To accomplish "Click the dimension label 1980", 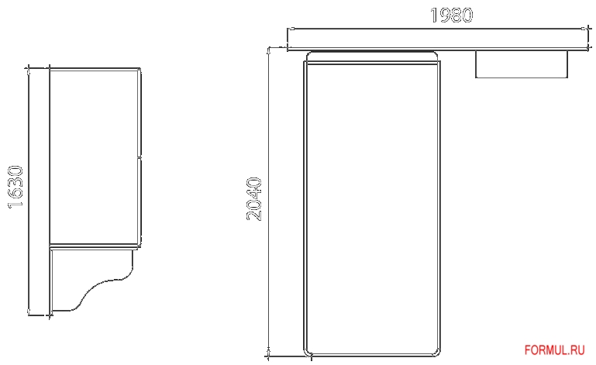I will [x=452, y=15].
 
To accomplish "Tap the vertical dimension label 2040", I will [x=255, y=199].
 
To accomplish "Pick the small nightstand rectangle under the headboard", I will [x=522, y=64].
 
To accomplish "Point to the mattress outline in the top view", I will [x=373, y=201].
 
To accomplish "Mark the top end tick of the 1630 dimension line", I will [x=29, y=70].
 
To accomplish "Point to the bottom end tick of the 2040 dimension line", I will [x=269, y=357].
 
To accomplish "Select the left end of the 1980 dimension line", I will [x=288, y=29].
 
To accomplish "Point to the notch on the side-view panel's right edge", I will [x=140, y=157].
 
